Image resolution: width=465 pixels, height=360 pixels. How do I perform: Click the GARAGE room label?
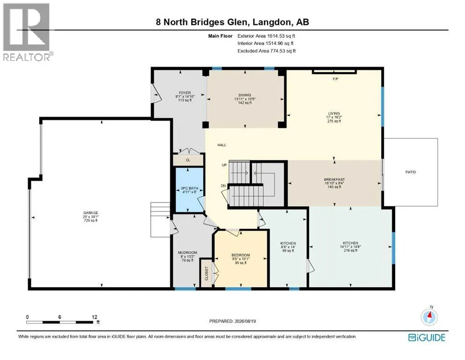click(x=90, y=213)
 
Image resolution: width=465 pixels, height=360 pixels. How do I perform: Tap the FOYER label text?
click(x=185, y=93)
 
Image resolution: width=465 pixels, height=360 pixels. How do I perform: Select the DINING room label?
click(x=244, y=95)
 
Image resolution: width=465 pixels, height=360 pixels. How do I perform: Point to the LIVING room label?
click(x=334, y=113)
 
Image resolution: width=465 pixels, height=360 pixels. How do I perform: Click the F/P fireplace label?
click(x=335, y=79)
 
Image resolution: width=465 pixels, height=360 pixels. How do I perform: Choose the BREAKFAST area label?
click(x=334, y=180)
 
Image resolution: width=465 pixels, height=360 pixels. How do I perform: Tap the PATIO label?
click(x=411, y=172)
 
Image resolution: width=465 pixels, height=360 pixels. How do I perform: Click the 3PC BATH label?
click(x=190, y=188)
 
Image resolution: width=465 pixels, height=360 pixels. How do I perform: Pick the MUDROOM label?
click(x=187, y=253)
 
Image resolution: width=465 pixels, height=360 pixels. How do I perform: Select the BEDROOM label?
click(x=241, y=255)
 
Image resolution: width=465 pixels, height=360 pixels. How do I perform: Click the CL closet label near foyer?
click(x=188, y=160)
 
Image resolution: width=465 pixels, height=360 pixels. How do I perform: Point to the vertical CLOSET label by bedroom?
click(x=207, y=273)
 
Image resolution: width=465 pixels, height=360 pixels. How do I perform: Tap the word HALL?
click(x=222, y=145)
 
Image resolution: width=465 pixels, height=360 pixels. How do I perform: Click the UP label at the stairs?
click(x=224, y=165)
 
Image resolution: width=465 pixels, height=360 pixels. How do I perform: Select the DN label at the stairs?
click(x=223, y=186)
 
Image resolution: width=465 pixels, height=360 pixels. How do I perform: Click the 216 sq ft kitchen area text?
click(x=351, y=250)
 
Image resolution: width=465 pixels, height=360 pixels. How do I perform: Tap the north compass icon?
click(x=429, y=316)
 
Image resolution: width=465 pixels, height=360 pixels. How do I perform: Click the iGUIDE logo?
click(x=427, y=338)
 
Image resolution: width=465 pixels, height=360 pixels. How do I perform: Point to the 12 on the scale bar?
click(x=95, y=317)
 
